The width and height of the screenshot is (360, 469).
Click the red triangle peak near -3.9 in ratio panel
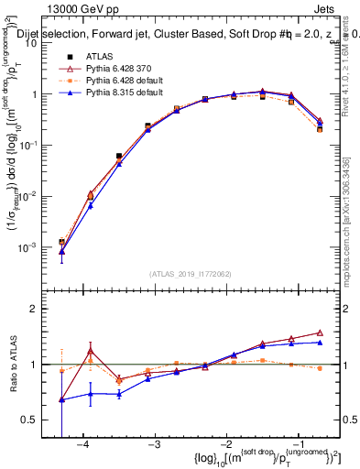(x=90, y=350)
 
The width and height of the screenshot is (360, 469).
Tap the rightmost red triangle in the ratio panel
(x=320, y=333)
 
